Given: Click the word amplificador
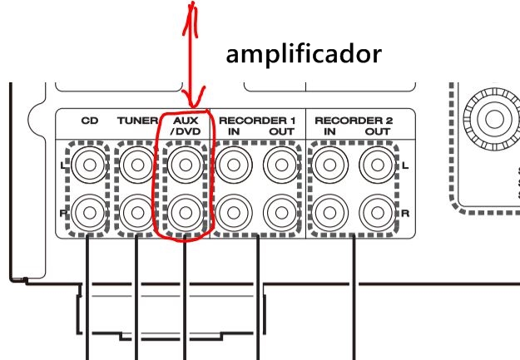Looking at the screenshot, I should (x=305, y=55).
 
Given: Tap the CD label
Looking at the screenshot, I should (x=88, y=121).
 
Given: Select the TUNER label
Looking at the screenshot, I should (x=137, y=121).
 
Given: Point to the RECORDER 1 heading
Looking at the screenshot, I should (x=257, y=120).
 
